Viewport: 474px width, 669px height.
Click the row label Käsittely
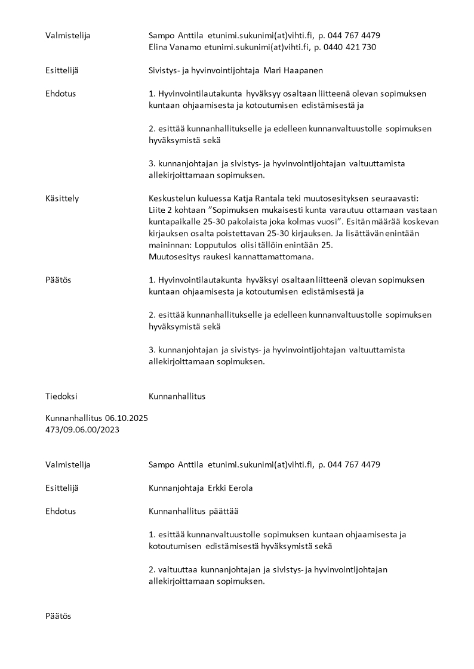(62, 198)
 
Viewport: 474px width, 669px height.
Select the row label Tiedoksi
(61, 396)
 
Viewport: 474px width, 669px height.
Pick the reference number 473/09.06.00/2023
(82, 430)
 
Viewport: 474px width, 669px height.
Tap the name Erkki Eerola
(230, 488)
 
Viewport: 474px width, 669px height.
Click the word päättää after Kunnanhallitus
(225, 511)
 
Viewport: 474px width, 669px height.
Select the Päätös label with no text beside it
(58, 616)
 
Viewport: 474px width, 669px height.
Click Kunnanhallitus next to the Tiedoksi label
(177, 396)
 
